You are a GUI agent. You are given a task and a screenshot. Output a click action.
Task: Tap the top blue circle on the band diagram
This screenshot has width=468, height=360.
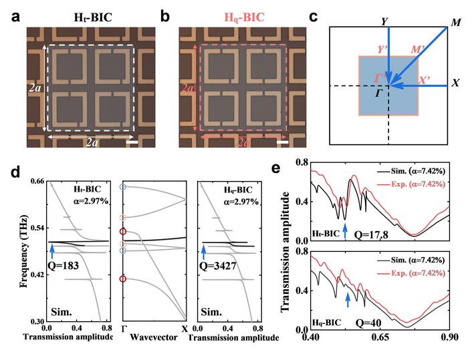coord(122,188)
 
